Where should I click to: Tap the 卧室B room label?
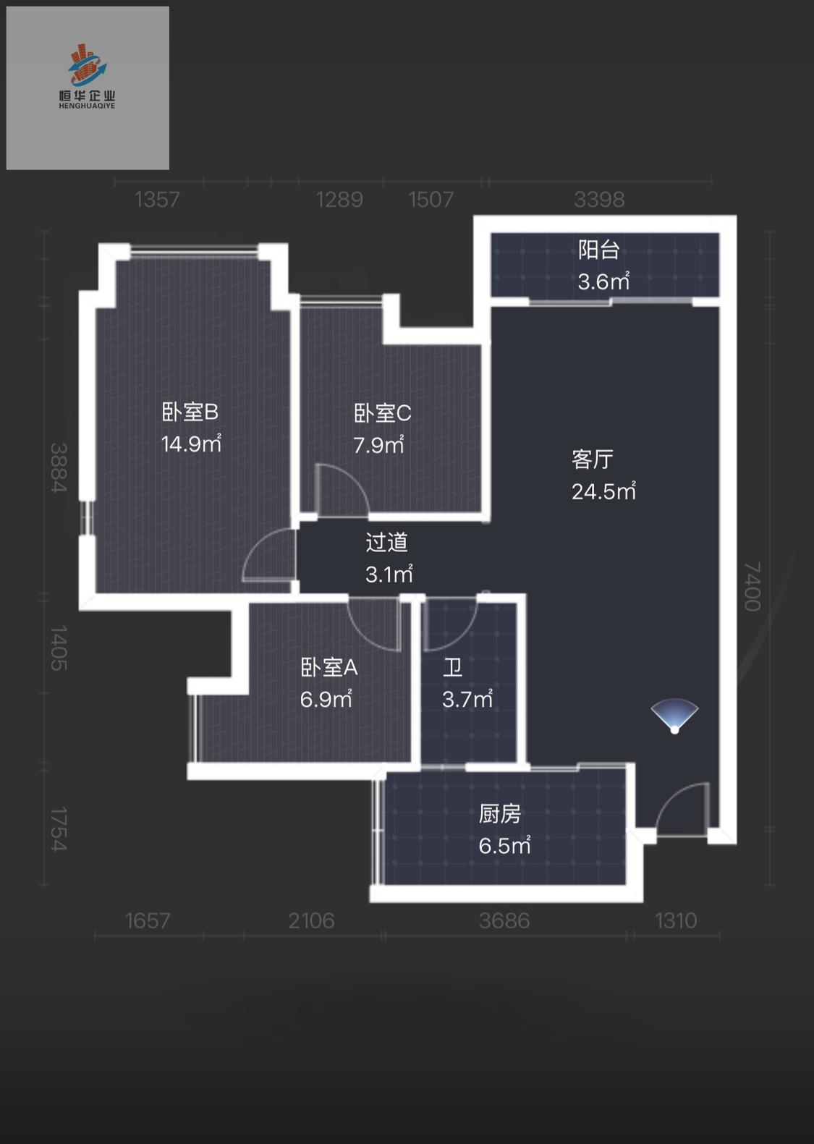tap(190, 412)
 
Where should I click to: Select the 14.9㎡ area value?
tap(190, 444)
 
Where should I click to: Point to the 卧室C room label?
tap(382, 413)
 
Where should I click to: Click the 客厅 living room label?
tap(592, 459)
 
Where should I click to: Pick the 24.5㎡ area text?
tap(603, 491)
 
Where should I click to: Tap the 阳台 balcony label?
tap(598, 250)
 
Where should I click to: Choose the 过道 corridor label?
tap(386, 542)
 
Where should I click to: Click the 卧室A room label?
tap(328, 667)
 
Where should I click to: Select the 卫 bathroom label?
tap(453, 667)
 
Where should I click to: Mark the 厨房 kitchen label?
tap(499, 814)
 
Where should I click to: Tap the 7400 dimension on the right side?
tap(752, 586)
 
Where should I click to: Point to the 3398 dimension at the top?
tap(598, 199)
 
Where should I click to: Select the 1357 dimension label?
tap(157, 199)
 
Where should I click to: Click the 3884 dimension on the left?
tap(59, 467)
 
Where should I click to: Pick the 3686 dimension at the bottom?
tap(504, 920)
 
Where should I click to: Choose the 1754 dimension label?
tap(59, 829)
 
